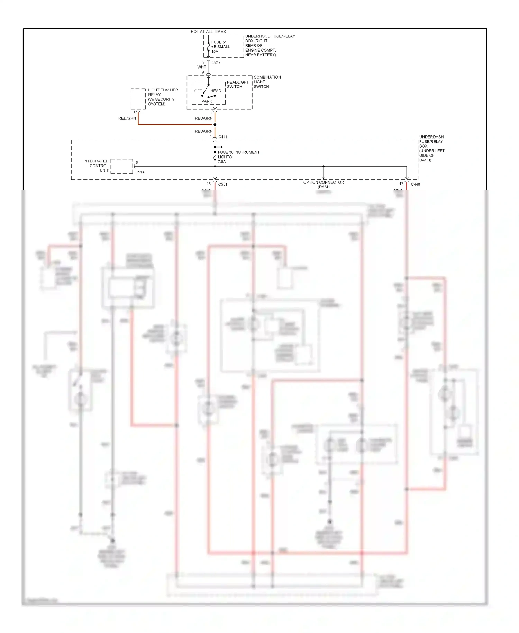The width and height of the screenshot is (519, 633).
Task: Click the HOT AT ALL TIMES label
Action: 208,32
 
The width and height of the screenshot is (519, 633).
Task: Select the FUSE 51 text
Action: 219,42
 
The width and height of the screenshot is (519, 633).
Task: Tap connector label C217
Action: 216,62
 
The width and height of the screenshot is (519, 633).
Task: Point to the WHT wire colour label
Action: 201,67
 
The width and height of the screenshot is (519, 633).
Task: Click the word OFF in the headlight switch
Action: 198,91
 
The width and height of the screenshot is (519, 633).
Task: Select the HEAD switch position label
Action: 216,91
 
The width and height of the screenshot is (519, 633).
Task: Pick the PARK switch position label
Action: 207,101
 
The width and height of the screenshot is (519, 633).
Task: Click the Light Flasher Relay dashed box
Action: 138,99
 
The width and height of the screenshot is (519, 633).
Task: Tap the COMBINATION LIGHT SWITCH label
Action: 267,82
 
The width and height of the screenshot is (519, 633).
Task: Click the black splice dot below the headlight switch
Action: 215,125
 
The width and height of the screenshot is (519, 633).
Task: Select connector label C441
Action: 223,137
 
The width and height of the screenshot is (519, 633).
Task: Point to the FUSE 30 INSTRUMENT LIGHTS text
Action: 238,155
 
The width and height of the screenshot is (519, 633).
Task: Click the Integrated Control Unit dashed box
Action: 121,166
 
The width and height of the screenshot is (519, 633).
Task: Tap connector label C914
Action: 140,172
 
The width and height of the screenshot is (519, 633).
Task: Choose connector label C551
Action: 223,184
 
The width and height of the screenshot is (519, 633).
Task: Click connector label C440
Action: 415,184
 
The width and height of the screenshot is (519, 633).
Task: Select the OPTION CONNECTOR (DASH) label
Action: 324,185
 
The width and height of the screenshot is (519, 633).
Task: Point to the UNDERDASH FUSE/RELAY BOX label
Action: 431,148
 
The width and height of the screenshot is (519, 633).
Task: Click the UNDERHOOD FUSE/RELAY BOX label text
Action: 270,45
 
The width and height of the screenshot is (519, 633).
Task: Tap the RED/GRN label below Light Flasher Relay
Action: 127,118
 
